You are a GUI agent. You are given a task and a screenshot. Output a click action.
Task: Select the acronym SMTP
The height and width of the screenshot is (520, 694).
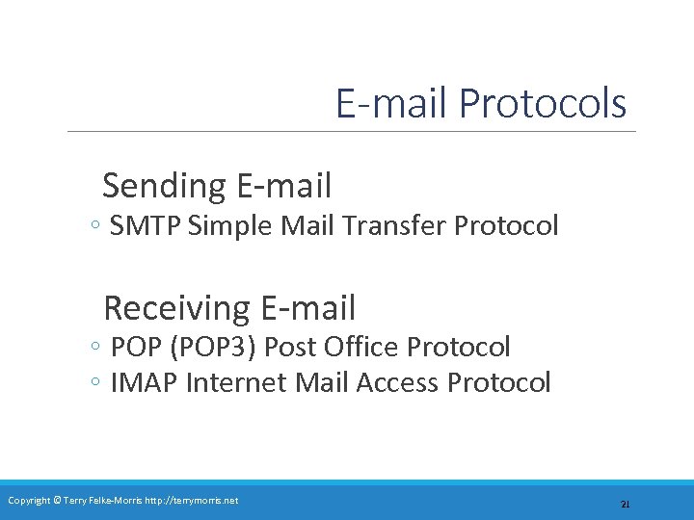[x=147, y=226]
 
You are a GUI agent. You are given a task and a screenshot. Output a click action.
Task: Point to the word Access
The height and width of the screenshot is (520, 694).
[x=396, y=383]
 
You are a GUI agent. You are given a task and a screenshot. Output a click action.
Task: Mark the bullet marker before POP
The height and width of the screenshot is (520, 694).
[x=93, y=348]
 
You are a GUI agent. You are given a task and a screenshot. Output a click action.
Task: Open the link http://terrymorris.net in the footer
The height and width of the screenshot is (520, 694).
[x=191, y=501]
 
